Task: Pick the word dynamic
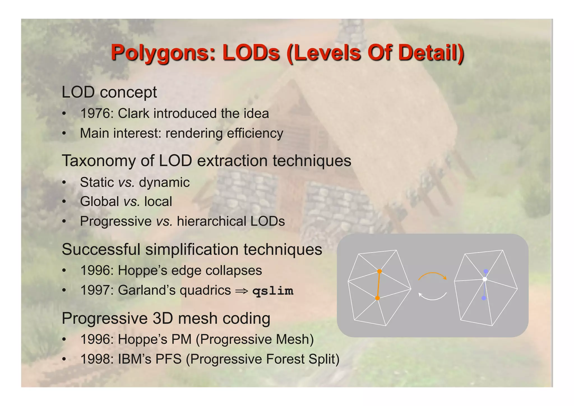(x=164, y=182)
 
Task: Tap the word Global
(x=99, y=201)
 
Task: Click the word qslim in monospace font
(x=273, y=291)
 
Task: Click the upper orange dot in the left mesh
(x=379, y=271)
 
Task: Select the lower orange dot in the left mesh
(x=377, y=298)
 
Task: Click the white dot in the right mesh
(x=485, y=279)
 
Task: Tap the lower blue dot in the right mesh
(x=484, y=298)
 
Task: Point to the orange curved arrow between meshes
(x=432, y=275)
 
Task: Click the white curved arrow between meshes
(x=432, y=297)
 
